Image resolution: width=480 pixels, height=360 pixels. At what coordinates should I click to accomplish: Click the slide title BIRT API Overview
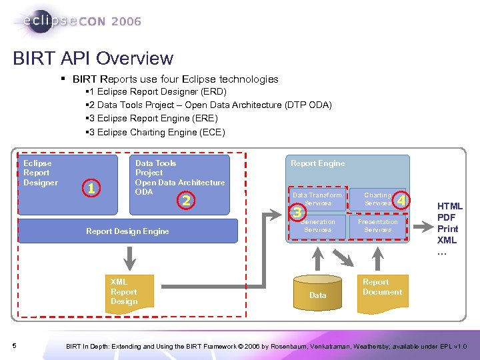click(93, 59)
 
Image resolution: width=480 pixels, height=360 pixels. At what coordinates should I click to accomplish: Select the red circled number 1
click(90, 189)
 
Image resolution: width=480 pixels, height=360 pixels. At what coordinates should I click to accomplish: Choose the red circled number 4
click(401, 199)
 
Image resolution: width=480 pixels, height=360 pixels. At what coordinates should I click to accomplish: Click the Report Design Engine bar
click(127, 231)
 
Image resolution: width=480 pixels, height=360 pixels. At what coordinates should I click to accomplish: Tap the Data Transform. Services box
click(317, 199)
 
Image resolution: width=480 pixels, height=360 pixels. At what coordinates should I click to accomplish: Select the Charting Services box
click(377, 199)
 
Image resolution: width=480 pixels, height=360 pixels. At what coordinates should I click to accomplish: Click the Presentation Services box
click(377, 226)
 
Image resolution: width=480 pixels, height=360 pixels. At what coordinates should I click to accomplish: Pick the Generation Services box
click(317, 226)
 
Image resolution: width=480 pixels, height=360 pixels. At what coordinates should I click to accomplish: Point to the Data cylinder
click(318, 291)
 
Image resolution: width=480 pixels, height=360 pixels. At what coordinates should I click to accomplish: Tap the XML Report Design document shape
click(129, 292)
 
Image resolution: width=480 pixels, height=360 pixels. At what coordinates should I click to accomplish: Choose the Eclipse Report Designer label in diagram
click(41, 173)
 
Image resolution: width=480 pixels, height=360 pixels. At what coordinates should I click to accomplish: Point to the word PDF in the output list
click(447, 218)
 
